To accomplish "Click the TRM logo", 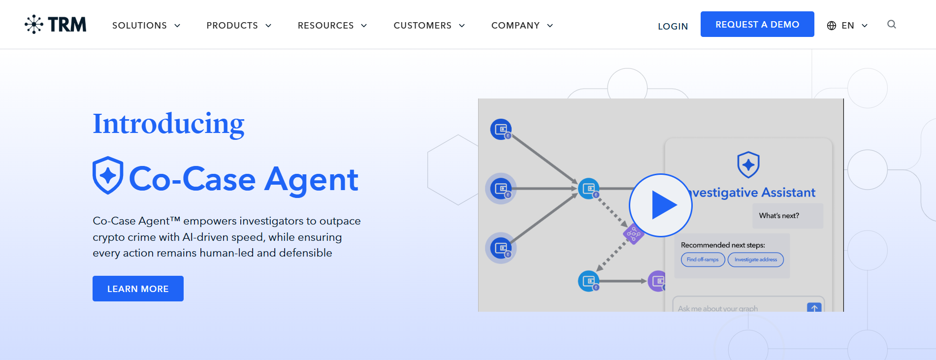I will [56, 25].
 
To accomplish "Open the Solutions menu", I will [146, 26].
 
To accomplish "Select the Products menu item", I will [239, 26].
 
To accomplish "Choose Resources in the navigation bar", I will [332, 26].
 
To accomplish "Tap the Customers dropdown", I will [429, 26].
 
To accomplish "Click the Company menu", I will [522, 26].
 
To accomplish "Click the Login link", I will [673, 26].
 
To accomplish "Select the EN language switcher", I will [847, 26].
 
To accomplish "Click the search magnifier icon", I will [891, 25].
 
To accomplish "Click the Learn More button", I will [138, 289].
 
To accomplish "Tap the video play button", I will [660, 205].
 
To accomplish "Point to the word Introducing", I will [168, 124].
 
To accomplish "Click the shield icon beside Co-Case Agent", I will [108, 175].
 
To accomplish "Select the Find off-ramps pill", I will [703, 260].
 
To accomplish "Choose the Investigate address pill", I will [755, 260].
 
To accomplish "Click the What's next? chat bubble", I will [779, 216].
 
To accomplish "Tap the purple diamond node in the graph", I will [633, 234].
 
